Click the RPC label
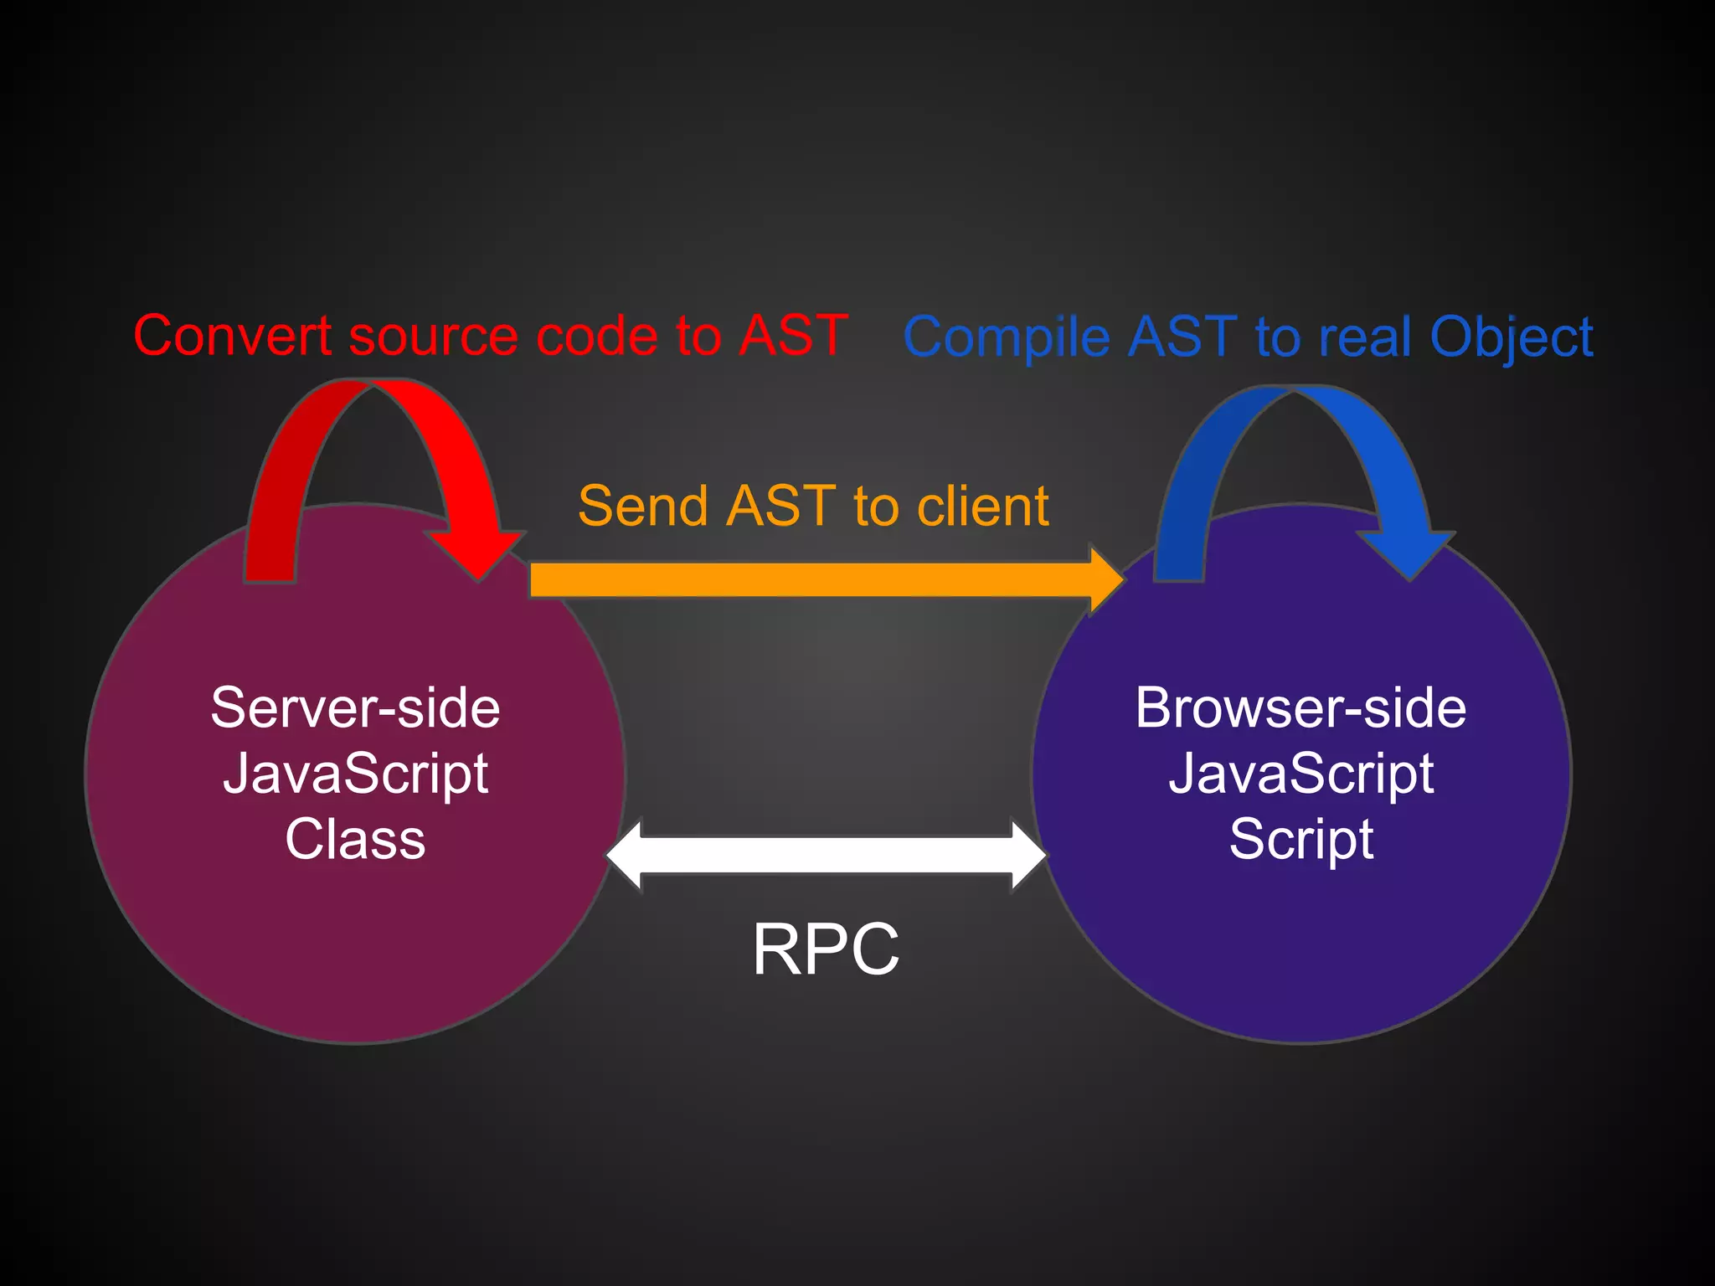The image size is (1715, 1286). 826,949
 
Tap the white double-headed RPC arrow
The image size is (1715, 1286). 826,855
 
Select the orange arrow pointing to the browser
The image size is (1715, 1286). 812,579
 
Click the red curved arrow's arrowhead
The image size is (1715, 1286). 478,553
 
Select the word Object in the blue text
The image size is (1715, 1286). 1511,337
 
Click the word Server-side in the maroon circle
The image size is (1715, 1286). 355,708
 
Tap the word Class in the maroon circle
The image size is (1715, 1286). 355,839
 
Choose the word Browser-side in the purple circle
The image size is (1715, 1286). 1300,708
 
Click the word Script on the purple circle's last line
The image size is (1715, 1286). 1300,839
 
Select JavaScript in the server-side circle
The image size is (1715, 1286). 355,774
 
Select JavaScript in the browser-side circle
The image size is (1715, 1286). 1300,774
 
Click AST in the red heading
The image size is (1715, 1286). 793,336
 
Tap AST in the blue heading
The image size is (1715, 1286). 1182,337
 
